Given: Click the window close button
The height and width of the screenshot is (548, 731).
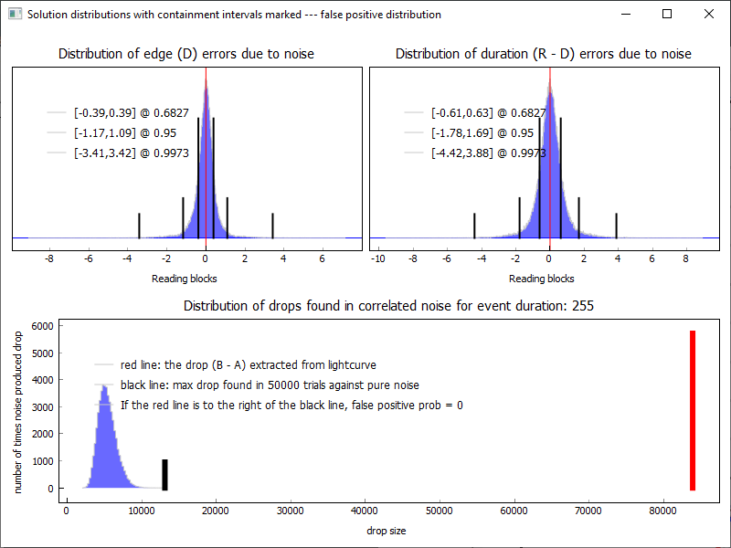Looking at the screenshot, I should (x=708, y=14).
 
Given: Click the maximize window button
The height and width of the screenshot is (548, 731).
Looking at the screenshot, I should (x=667, y=14).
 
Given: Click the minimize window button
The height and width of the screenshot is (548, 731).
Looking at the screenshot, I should (x=626, y=14).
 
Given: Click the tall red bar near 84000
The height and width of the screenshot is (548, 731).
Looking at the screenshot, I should (x=693, y=410).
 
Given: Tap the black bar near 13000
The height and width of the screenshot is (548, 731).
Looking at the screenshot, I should (x=164, y=475).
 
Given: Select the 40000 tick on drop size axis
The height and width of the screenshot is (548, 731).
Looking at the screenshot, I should (x=365, y=511).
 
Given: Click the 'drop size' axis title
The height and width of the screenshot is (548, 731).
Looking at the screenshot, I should (x=386, y=531).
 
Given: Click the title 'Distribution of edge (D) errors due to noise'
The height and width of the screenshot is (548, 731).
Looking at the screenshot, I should (x=186, y=54).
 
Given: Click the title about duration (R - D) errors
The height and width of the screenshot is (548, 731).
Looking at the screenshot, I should (x=543, y=54).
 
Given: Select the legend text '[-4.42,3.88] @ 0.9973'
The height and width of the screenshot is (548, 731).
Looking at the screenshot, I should (x=489, y=153).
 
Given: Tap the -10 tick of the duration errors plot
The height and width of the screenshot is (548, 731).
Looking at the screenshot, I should (x=377, y=258).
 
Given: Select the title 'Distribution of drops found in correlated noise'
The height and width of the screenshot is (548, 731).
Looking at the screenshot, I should (x=388, y=306).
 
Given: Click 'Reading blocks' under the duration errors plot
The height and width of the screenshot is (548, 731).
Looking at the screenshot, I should (x=541, y=279).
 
